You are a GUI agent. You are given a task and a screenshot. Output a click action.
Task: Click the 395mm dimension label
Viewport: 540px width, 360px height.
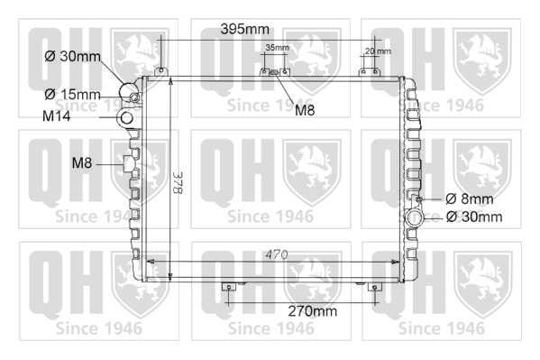245,29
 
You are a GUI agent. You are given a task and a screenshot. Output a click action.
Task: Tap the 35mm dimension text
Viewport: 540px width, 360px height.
277,48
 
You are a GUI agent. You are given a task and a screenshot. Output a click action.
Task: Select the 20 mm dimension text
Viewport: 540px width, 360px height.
378,51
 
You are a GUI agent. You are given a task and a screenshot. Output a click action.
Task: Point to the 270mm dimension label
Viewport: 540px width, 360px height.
312,311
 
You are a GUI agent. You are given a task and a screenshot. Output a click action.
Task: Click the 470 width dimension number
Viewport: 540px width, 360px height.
277,254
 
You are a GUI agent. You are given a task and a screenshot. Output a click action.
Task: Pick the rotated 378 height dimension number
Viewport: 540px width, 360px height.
178,182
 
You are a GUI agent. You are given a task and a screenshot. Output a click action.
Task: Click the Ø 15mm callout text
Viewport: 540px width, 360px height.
72,94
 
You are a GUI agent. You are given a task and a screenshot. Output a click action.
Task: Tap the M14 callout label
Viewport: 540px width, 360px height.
57,115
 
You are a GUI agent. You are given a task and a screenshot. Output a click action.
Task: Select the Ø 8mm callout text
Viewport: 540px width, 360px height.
469,199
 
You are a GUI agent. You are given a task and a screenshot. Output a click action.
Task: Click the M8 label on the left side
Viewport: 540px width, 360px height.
82,162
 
